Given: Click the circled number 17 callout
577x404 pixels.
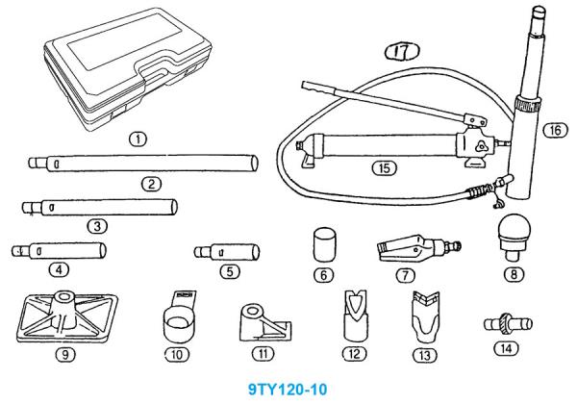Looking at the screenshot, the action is click(x=402, y=51).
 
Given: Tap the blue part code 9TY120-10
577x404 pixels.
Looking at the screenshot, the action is click(x=288, y=389).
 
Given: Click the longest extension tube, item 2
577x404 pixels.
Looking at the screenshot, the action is click(x=143, y=163).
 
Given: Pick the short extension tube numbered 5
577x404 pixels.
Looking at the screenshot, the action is click(x=227, y=252).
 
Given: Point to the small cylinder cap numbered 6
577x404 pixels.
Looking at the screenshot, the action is click(x=325, y=244).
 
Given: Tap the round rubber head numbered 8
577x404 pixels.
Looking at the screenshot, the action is click(x=514, y=238).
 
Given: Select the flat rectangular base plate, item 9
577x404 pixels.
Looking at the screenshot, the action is click(x=67, y=317).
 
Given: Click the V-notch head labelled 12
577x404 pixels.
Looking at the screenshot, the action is click(x=355, y=315).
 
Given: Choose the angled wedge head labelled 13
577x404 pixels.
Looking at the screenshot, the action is click(x=425, y=317).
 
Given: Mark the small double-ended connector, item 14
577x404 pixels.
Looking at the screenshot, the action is click(x=508, y=323).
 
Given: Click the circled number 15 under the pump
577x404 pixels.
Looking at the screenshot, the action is click(x=384, y=168).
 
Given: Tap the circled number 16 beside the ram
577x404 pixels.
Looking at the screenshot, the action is click(x=555, y=130).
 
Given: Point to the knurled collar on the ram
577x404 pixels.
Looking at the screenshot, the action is click(x=527, y=103).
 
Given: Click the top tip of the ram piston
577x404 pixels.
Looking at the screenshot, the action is click(x=539, y=7).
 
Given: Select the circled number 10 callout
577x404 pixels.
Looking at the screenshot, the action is click(x=177, y=355).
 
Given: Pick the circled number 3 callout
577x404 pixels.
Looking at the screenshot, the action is click(x=97, y=226).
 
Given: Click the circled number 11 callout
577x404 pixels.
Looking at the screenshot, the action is click(x=263, y=354).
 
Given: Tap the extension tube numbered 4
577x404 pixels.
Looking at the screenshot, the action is click(x=59, y=251).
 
